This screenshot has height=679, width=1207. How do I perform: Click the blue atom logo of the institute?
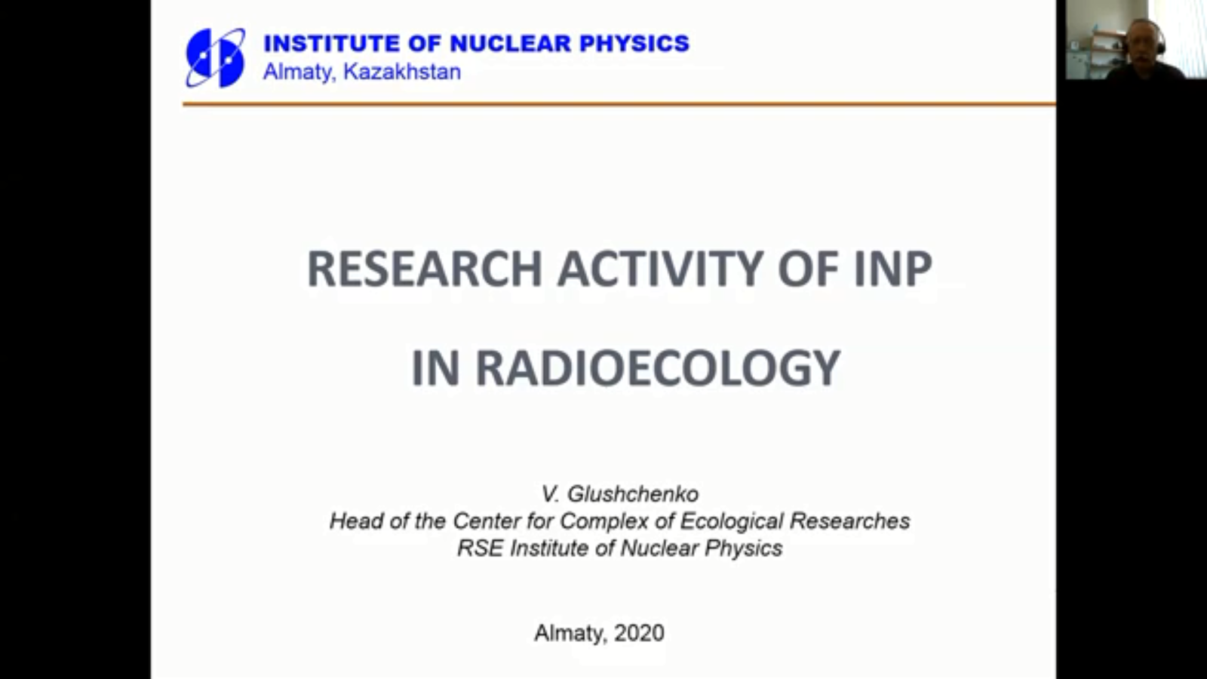click(x=215, y=57)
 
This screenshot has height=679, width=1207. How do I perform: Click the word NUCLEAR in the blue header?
click(x=510, y=43)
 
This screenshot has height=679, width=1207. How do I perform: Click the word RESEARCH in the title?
click(x=424, y=269)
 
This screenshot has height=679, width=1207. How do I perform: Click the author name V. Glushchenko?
click(x=619, y=493)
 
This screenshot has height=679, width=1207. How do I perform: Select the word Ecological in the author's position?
click(x=731, y=521)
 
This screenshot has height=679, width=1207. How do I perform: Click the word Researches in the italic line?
click(x=849, y=521)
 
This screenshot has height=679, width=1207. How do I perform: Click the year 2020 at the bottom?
click(x=639, y=633)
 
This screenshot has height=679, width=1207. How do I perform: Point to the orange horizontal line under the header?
click(x=619, y=103)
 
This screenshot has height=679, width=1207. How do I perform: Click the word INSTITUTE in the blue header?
click(x=332, y=43)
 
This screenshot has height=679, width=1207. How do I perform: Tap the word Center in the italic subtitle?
click(x=487, y=521)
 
